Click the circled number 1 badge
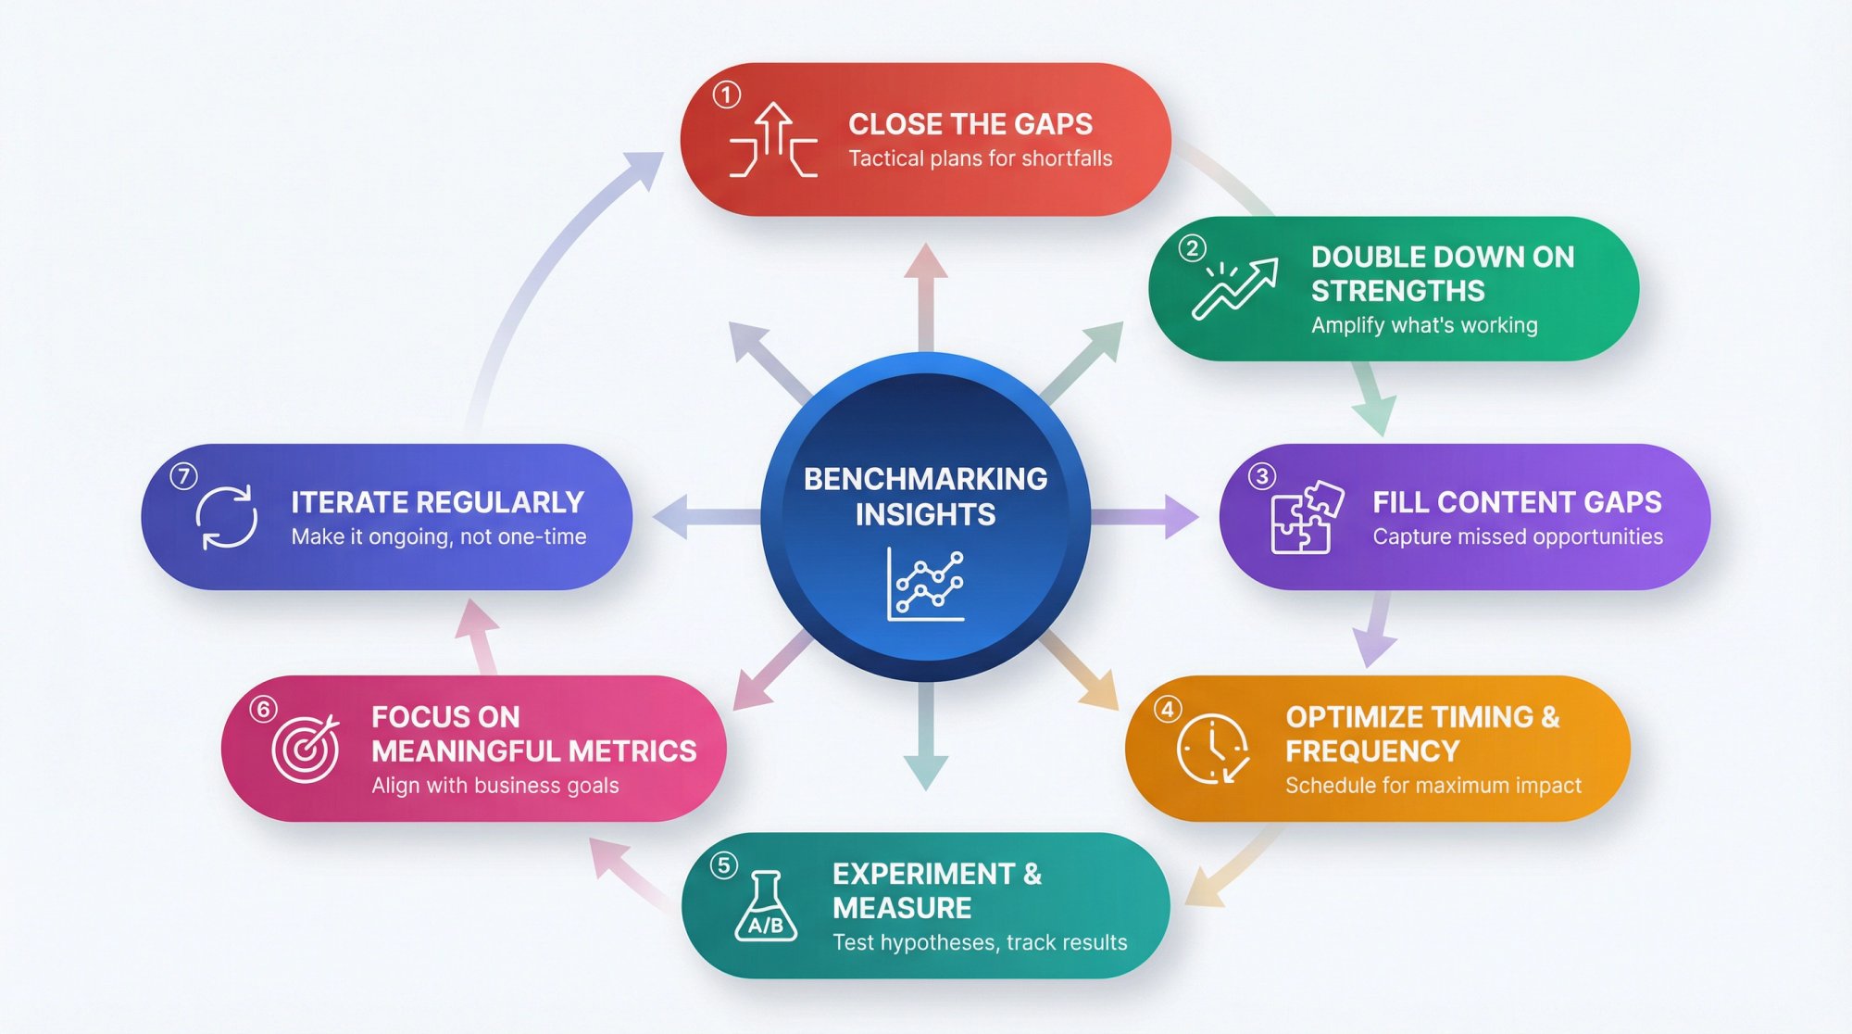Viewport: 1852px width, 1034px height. coord(727,95)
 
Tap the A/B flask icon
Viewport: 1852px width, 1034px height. coord(766,907)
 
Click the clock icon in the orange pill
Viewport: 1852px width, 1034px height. coord(1212,748)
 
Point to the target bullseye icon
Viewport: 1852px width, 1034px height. coord(306,748)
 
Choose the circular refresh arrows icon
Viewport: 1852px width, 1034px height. coord(227,517)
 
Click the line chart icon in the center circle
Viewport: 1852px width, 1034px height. coord(925,585)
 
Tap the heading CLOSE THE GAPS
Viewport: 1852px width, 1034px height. coord(970,124)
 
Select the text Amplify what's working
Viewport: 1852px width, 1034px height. coord(1423,325)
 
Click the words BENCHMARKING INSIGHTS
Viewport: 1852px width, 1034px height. coord(925,496)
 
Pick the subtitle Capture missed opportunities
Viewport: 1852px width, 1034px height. coord(1517,536)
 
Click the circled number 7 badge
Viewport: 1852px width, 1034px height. coord(183,476)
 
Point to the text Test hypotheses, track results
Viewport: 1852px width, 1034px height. coord(979,942)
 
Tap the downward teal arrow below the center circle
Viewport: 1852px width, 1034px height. coord(925,741)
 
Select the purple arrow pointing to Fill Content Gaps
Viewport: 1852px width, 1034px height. coord(1148,516)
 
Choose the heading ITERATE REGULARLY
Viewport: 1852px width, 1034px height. coord(437,502)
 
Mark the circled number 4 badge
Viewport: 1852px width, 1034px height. coord(1167,709)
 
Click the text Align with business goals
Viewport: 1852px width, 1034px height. coord(494,786)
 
